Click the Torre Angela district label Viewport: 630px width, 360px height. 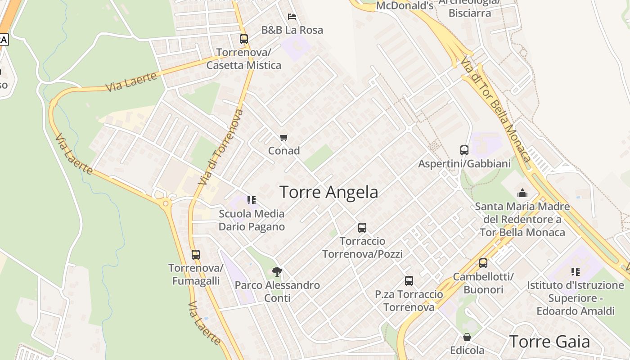click(329, 192)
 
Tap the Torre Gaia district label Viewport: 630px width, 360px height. click(549, 342)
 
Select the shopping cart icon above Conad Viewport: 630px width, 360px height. click(283, 137)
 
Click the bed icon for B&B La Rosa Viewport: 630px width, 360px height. click(292, 17)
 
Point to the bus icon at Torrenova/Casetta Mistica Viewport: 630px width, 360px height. click(243, 39)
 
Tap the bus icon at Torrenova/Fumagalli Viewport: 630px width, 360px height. click(195, 255)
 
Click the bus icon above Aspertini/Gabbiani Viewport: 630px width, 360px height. click(464, 150)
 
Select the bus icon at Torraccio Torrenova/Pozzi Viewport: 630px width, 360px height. click(362, 228)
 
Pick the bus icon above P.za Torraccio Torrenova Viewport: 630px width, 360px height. click(409, 281)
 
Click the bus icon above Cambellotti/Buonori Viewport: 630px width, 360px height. click(483, 263)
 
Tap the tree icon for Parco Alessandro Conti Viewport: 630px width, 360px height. click(277, 271)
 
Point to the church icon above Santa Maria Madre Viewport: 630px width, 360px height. click(522, 193)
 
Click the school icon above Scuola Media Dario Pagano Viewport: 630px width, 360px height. click(252, 200)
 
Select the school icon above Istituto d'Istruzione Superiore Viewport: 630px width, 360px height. click(576, 271)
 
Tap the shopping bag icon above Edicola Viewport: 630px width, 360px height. click(467, 337)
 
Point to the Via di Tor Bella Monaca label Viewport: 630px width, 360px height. click(495, 111)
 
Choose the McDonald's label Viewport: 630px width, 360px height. click(405, 5)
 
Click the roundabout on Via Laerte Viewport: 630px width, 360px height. click(166, 203)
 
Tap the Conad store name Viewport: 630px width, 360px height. click(284, 151)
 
